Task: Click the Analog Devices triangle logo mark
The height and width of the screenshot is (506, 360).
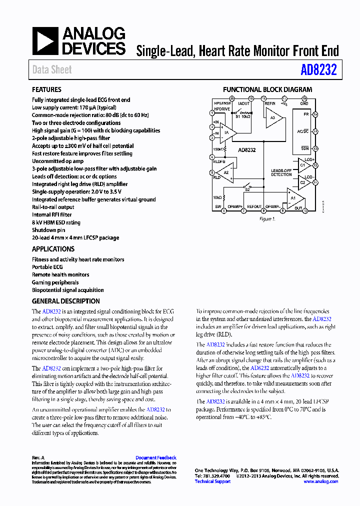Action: [45, 41]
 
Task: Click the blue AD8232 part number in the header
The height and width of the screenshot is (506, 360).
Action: [318, 70]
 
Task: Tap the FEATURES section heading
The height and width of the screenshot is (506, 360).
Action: [46, 89]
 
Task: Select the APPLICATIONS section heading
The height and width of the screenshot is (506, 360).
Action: [53, 249]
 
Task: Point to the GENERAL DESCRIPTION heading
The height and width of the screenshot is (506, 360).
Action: [65, 301]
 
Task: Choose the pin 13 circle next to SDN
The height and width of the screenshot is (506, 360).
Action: [315, 148]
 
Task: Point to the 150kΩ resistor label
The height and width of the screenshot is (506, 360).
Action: [218, 149]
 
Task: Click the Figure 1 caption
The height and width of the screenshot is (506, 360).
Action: [266, 219]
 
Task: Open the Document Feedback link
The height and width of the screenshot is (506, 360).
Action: [156, 457]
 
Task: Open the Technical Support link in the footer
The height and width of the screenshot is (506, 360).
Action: [212, 481]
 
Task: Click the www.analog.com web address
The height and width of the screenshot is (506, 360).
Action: [320, 481]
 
